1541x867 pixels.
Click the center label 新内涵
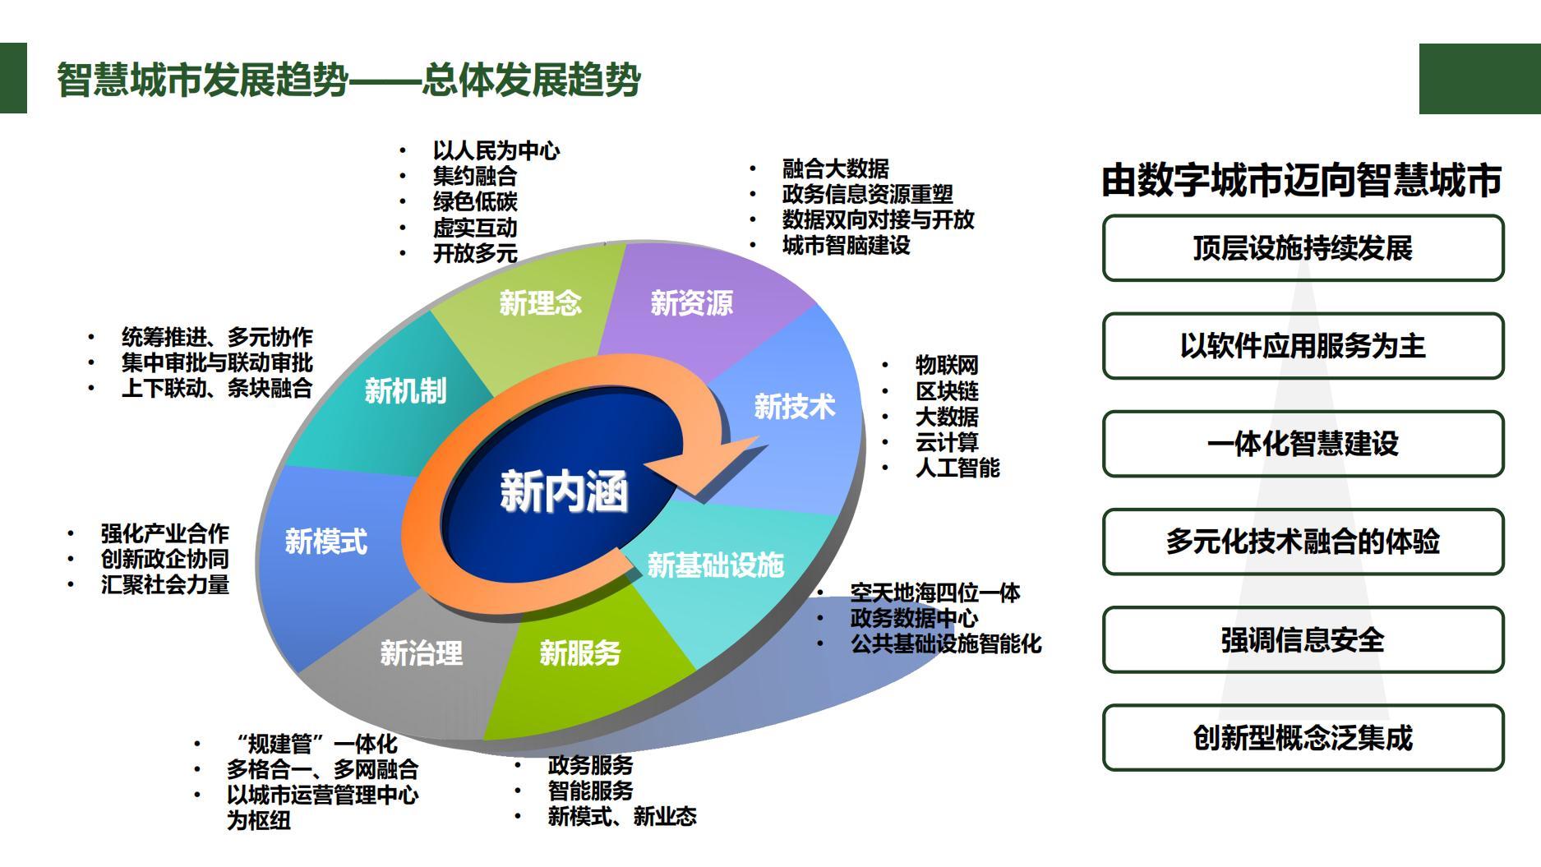point(564,491)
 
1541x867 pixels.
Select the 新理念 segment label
point(540,302)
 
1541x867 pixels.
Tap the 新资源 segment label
point(691,302)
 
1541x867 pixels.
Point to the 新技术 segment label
point(794,406)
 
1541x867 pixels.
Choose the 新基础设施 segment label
point(715,565)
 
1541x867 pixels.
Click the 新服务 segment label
point(579,653)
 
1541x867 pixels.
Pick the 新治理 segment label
point(421,653)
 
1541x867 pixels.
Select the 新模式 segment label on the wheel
point(325,541)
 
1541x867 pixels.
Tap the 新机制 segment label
point(405,390)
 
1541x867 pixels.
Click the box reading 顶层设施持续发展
point(1303,248)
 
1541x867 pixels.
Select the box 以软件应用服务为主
point(1303,346)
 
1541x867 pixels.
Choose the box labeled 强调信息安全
point(1303,639)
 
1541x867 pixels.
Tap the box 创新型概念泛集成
point(1303,737)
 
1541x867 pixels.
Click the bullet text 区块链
point(947,391)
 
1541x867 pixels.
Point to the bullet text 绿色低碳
point(475,201)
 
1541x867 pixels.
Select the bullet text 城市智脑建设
point(846,245)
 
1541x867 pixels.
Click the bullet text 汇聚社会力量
point(164,584)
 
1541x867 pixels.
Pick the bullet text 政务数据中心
point(914,618)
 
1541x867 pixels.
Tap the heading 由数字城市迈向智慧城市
point(1302,180)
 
